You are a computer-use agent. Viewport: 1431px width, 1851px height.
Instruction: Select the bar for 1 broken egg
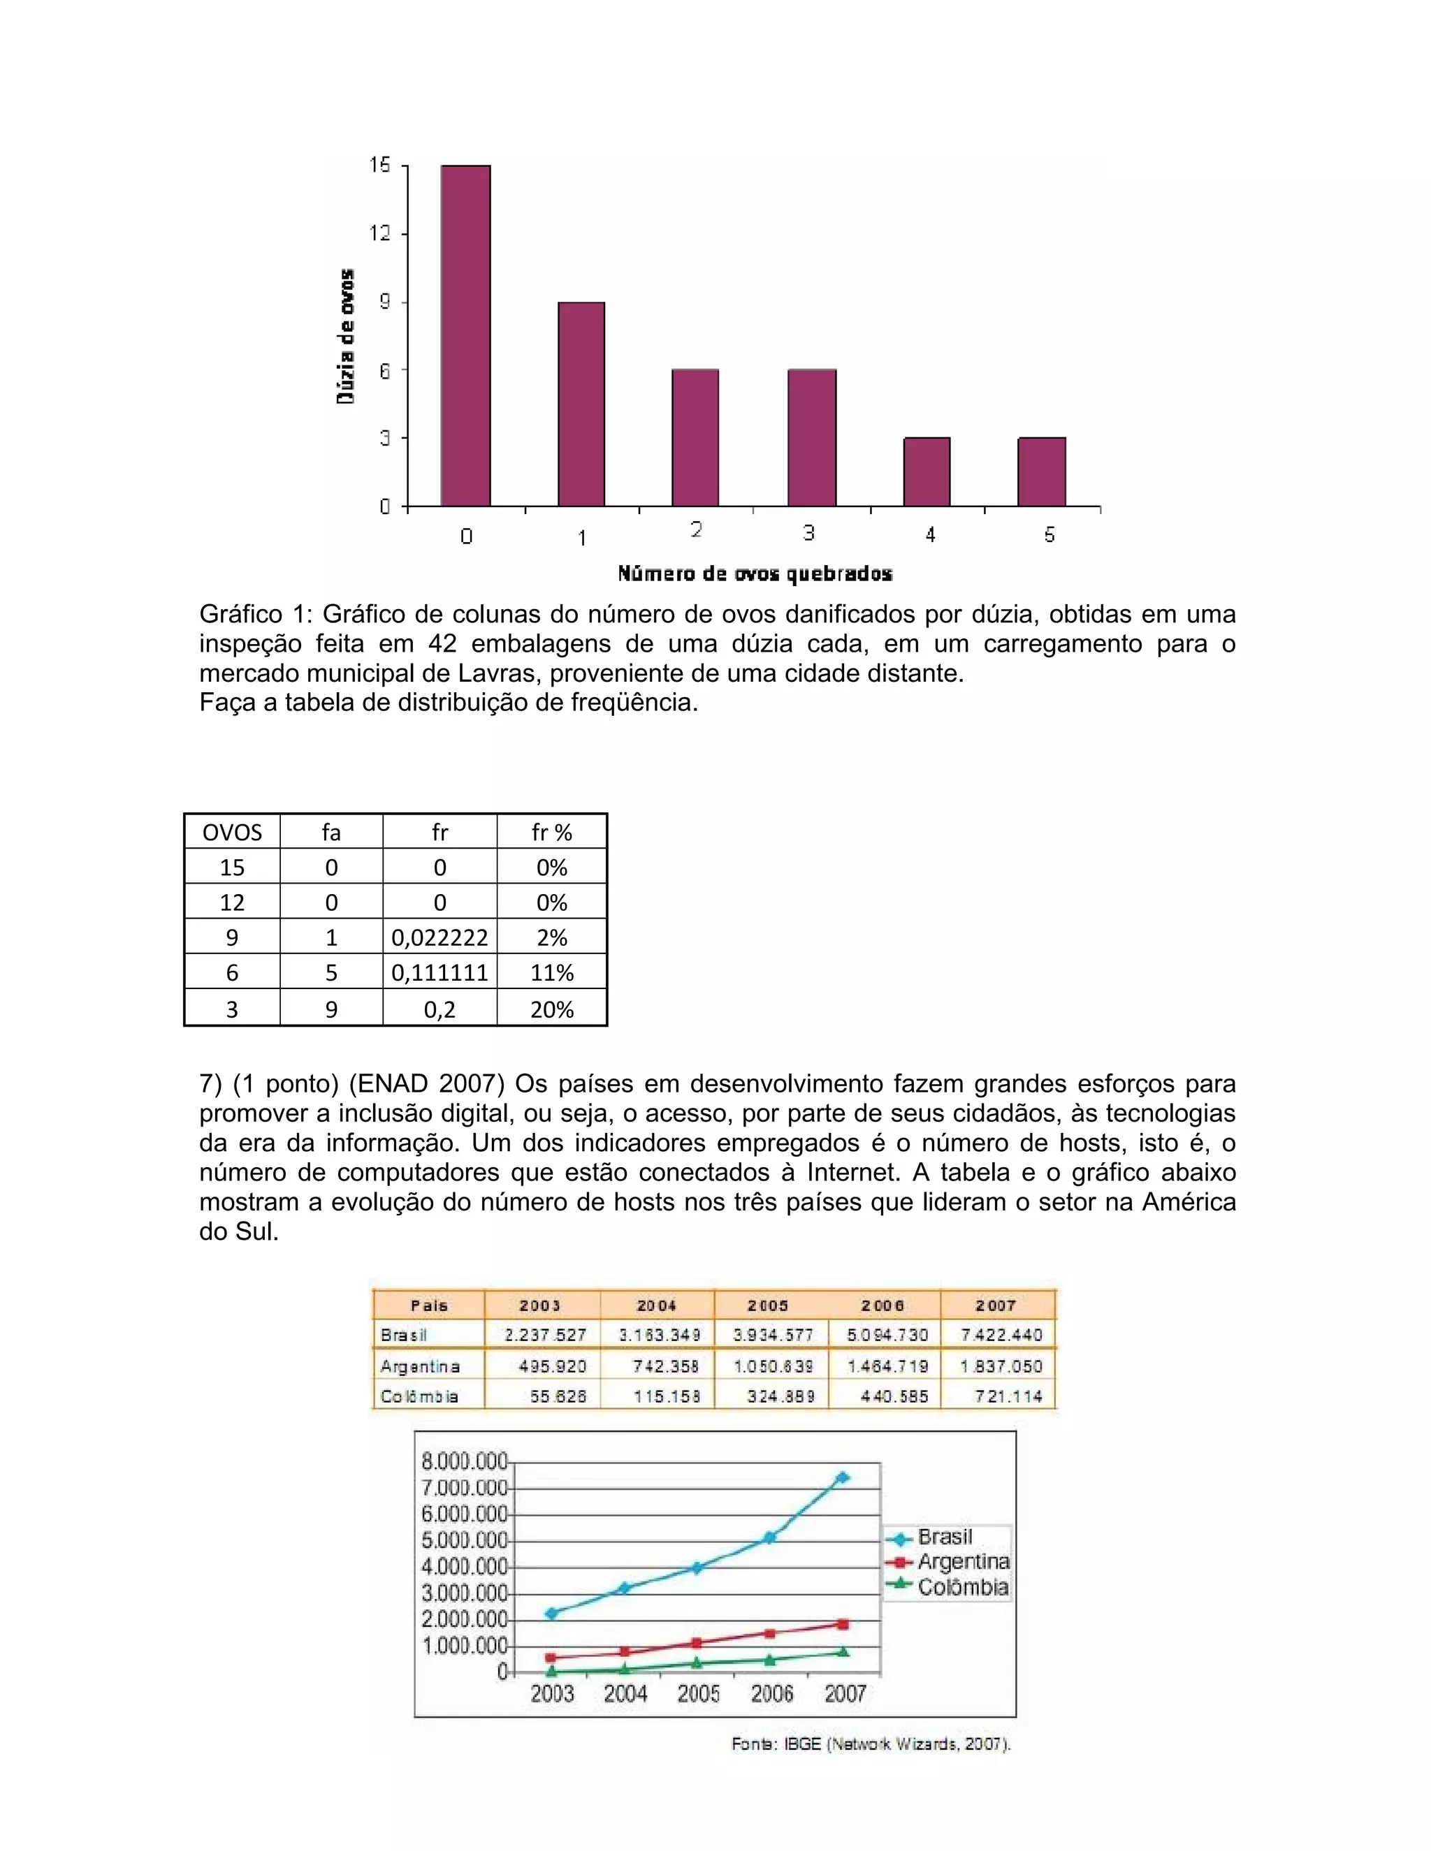click(581, 404)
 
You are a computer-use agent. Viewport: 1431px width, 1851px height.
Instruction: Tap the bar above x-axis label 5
click(1041, 472)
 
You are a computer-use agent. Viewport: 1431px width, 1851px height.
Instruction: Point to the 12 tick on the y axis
click(380, 233)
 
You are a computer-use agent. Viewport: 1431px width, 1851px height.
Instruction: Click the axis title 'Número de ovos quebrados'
click(755, 573)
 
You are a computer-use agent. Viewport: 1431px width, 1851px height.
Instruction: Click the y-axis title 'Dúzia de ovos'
click(346, 337)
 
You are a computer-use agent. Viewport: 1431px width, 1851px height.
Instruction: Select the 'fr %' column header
click(551, 833)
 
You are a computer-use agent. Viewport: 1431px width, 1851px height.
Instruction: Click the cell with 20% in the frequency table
click(551, 1009)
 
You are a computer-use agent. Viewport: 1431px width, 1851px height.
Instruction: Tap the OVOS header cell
click(231, 833)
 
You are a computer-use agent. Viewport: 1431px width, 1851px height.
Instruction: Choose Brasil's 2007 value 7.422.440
click(1001, 1335)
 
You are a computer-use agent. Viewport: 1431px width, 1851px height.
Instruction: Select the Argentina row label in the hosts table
click(421, 1366)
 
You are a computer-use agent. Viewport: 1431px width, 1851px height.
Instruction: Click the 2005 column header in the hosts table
click(768, 1305)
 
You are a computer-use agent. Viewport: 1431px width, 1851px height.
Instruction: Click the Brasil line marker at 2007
click(843, 1477)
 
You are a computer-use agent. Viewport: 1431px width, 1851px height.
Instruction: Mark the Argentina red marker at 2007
click(843, 1624)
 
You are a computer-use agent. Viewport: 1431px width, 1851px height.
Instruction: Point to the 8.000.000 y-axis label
click(464, 1461)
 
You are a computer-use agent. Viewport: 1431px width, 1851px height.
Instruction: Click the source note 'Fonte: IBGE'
click(871, 1743)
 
